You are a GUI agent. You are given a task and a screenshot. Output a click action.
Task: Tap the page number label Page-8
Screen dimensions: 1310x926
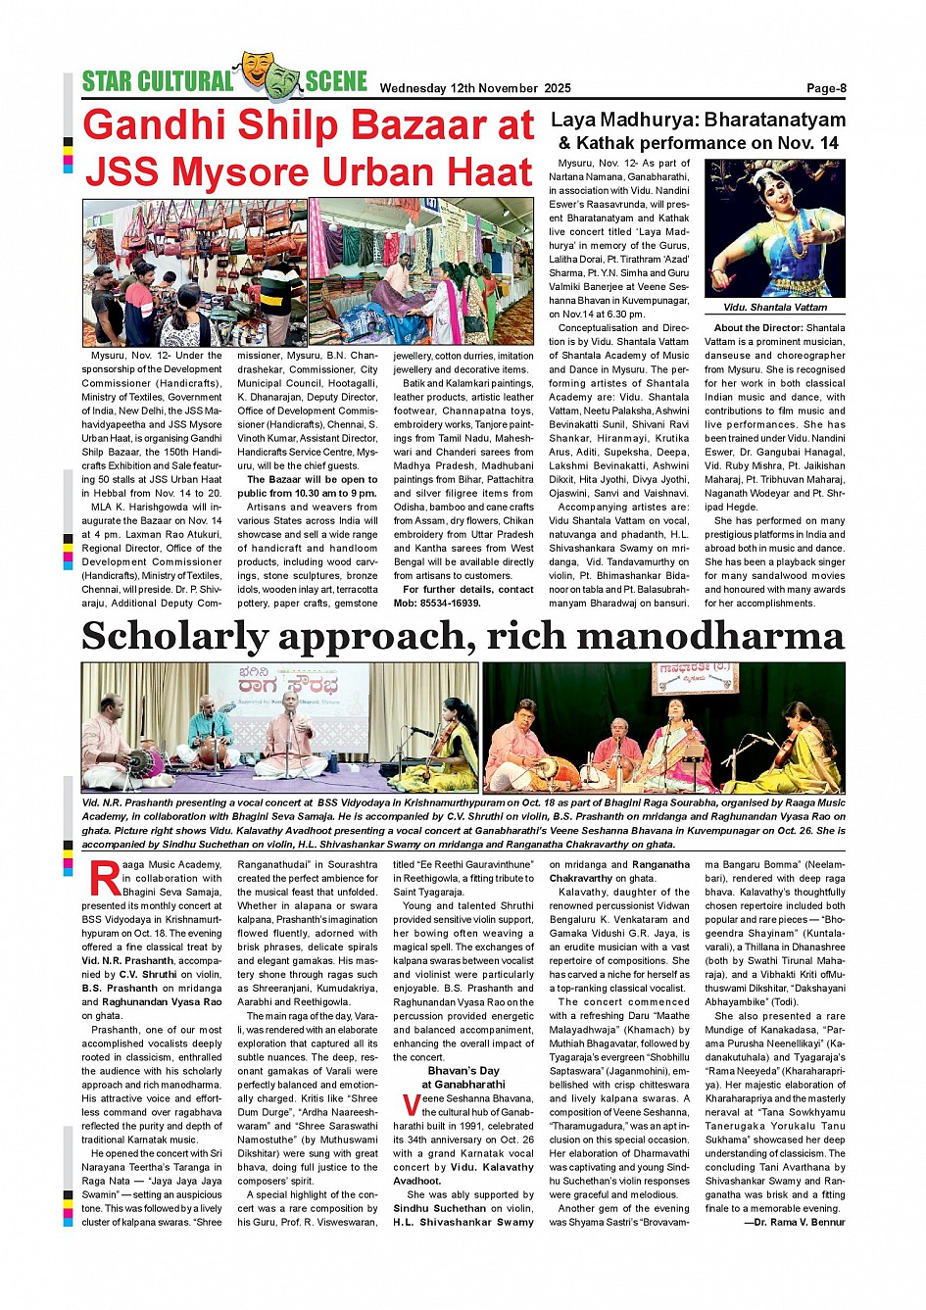pos(826,88)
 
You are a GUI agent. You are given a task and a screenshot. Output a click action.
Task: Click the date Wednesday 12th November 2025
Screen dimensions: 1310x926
pos(475,88)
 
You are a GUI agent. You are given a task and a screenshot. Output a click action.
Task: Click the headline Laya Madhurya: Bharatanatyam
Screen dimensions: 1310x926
pos(698,121)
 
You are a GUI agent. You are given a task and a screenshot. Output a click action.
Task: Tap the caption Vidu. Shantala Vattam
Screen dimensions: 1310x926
pos(775,308)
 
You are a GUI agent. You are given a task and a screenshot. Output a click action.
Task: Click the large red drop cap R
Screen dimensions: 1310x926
pos(104,879)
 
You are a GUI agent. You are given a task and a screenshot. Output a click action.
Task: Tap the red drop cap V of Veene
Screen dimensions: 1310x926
pos(411,1106)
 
